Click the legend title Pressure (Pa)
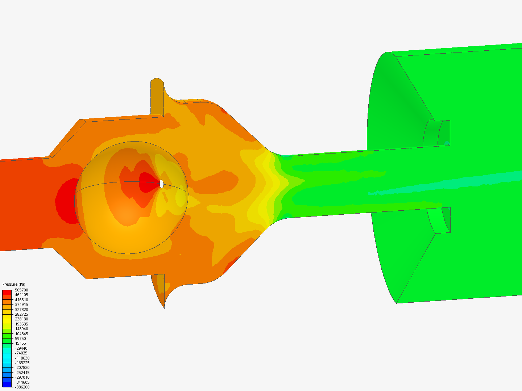pos(14,284)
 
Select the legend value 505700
pos(21,290)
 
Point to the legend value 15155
pos(20,343)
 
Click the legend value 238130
pos(21,319)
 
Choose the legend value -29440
pos(21,348)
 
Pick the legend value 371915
pos(21,304)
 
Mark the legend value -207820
pos(22,367)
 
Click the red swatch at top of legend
pos(7,292)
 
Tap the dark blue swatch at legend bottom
pos(7,384)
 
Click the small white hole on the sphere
pos(162,184)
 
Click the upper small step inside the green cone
pos(437,133)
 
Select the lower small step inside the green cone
pos(439,220)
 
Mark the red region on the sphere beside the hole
pos(149,183)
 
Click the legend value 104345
pos(21,334)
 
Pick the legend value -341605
pos(22,382)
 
